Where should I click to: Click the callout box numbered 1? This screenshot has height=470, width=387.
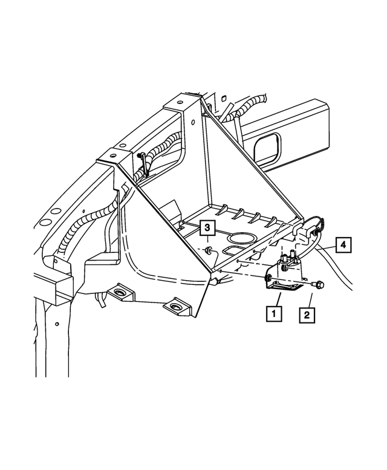pos(274,313)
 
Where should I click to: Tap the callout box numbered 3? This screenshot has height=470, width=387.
pos(207,228)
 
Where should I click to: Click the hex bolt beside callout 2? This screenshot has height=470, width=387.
pos(319,283)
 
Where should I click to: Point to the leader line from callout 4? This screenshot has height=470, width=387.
pos(324,247)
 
